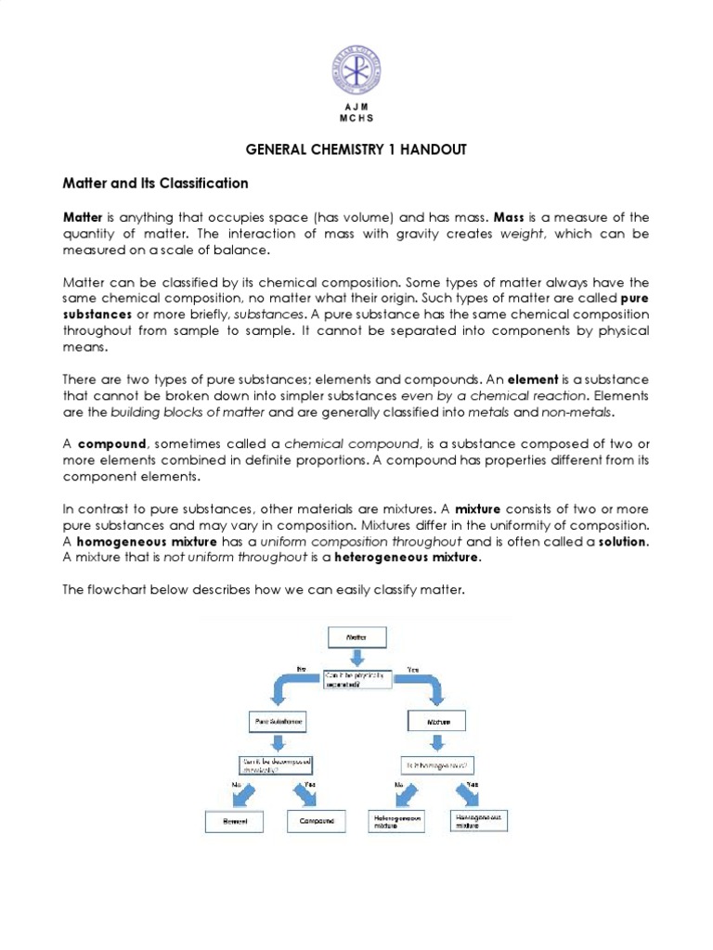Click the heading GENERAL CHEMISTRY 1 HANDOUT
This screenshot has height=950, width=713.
pyautogui.click(x=356, y=148)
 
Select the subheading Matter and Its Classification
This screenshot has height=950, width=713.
pyautogui.click(x=155, y=183)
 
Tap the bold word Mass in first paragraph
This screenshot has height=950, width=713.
pyautogui.click(x=511, y=217)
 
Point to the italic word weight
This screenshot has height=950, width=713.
pyautogui.click(x=520, y=234)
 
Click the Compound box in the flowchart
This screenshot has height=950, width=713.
pyautogui.click(x=317, y=821)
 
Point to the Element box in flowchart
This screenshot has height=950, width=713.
pyautogui.click(x=235, y=821)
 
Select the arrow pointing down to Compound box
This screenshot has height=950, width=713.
pyautogui.click(x=307, y=795)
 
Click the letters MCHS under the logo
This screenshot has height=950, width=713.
pyautogui.click(x=356, y=119)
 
